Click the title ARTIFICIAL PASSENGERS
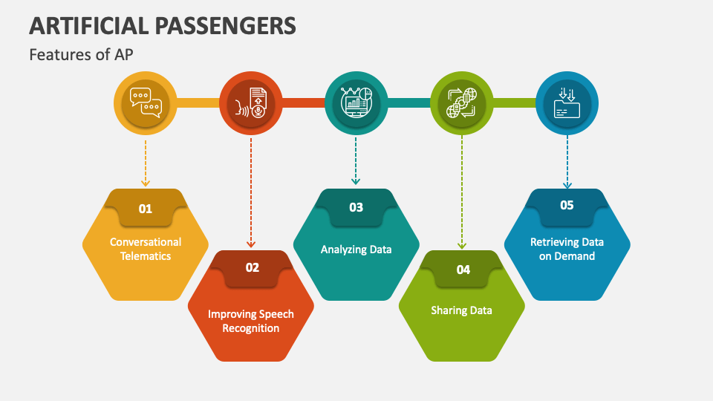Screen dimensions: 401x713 click(x=163, y=25)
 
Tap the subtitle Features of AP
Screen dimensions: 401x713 click(x=82, y=54)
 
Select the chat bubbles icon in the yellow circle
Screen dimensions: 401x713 click(x=146, y=102)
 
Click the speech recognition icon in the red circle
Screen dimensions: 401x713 click(x=251, y=102)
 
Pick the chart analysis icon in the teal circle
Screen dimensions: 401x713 click(x=356, y=102)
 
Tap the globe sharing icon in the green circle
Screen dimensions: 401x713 click(x=462, y=102)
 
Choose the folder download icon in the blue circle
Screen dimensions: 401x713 click(x=567, y=102)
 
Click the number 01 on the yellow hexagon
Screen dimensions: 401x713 click(x=146, y=209)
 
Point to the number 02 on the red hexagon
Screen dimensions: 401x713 click(x=253, y=267)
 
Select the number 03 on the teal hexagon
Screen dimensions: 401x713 click(x=356, y=207)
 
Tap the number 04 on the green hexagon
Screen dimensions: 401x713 click(x=463, y=270)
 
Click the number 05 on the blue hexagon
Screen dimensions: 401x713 click(x=567, y=205)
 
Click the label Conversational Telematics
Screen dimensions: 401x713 click(x=146, y=249)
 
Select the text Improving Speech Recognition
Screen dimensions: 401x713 click(x=251, y=321)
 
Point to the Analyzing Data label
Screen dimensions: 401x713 click(x=356, y=250)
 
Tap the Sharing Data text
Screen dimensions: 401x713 click(x=462, y=310)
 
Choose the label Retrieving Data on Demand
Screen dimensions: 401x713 click(x=567, y=249)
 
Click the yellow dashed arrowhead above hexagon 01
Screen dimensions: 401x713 click(x=146, y=182)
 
